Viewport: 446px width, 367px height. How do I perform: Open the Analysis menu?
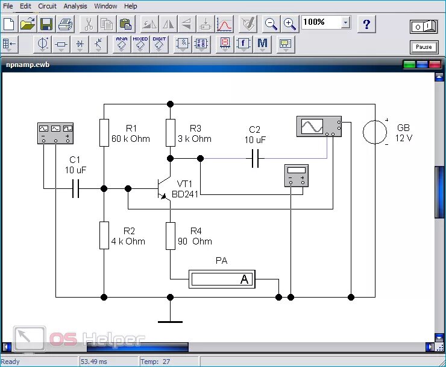pyautogui.click(x=75, y=6)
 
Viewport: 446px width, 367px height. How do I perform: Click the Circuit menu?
pyautogui.click(x=47, y=6)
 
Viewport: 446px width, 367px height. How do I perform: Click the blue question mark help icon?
pyautogui.click(x=366, y=25)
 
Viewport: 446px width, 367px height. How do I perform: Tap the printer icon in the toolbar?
pyautogui.click(x=65, y=24)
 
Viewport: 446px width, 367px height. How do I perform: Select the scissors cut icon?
pyautogui.click(x=88, y=24)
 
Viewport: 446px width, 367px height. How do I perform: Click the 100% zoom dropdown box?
pyautogui.click(x=326, y=22)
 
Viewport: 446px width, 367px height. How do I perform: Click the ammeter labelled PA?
pyautogui.click(x=222, y=279)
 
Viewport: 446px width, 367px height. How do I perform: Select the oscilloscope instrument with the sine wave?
pyautogui.click(x=319, y=126)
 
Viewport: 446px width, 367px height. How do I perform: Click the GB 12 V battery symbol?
pyautogui.click(x=375, y=132)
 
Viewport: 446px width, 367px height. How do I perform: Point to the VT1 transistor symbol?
pyautogui.click(x=163, y=188)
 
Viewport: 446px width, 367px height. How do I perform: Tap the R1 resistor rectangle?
pyautogui.click(x=104, y=133)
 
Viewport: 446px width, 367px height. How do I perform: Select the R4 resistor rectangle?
pyautogui.click(x=170, y=235)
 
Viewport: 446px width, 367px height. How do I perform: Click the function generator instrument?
pyautogui.click(x=55, y=132)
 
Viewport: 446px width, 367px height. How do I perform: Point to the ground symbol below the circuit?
pyautogui.click(x=170, y=321)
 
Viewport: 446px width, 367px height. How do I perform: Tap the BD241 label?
pyautogui.click(x=185, y=194)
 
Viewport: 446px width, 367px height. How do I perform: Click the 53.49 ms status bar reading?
pyautogui.click(x=93, y=362)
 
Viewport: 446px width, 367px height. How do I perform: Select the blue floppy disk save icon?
pyautogui.click(x=46, y=24)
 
